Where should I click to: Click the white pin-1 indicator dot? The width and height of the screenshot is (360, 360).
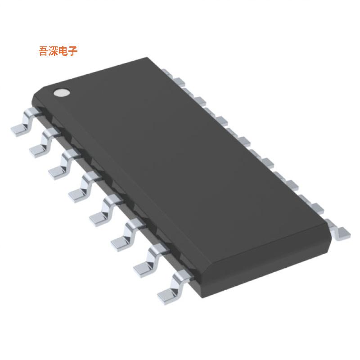pyautogui.click(x=62, y=93)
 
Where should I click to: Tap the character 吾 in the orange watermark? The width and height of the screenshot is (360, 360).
pyautogui.click(x=44, y=51)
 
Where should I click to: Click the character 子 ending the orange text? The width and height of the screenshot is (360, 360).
pyautogui.click(x=73, y=51)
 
